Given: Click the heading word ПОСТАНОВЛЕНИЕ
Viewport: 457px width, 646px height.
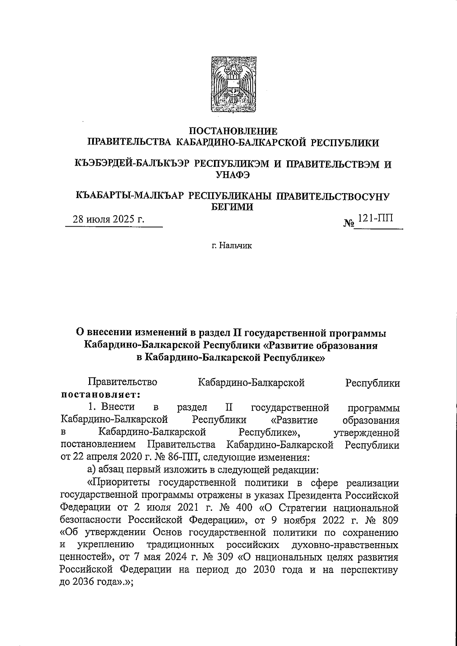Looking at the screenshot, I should pos(233,131).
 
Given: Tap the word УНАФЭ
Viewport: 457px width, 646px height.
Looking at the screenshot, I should pos(233,175).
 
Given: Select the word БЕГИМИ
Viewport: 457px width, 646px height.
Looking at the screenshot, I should pos(233,207).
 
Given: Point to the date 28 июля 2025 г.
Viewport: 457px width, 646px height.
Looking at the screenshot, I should pos(109,220).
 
